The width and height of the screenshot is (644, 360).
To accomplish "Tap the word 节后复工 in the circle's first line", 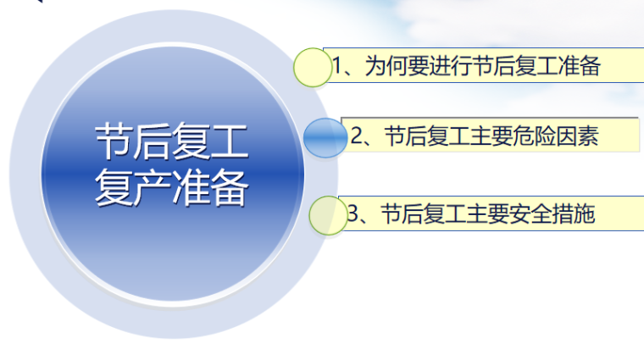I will point(171,141).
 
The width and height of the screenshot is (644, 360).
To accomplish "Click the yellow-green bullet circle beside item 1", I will point(313,67).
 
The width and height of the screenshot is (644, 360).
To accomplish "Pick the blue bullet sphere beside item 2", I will point(325,138).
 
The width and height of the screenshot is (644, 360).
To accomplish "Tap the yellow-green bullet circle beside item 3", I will point(328,215).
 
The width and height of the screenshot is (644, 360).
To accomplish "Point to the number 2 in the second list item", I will point(357,136).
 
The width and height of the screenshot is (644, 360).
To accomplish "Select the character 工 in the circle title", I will point(230,141).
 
